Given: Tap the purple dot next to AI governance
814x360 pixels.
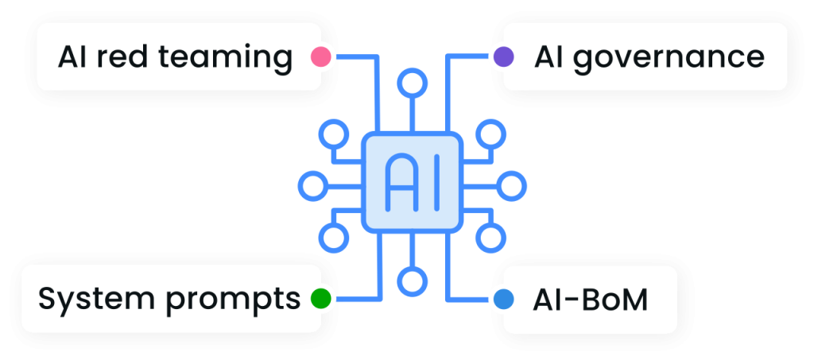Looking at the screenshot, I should [504, 56].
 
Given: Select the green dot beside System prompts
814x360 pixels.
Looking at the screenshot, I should [320, 299].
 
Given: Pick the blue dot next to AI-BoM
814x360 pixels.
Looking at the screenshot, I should [503, 300].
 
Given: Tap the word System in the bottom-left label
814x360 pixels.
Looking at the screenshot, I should [85, 300].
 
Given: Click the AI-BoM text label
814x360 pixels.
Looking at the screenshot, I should [591, 300].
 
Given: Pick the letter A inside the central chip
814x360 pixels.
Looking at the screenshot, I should [397, 184].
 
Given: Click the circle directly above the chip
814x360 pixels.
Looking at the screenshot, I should [412, 83].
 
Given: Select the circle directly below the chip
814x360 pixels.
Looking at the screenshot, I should [412, 281].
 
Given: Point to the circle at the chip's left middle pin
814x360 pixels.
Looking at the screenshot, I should [312, 186].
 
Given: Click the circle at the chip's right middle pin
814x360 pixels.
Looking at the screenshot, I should [511, 186].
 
